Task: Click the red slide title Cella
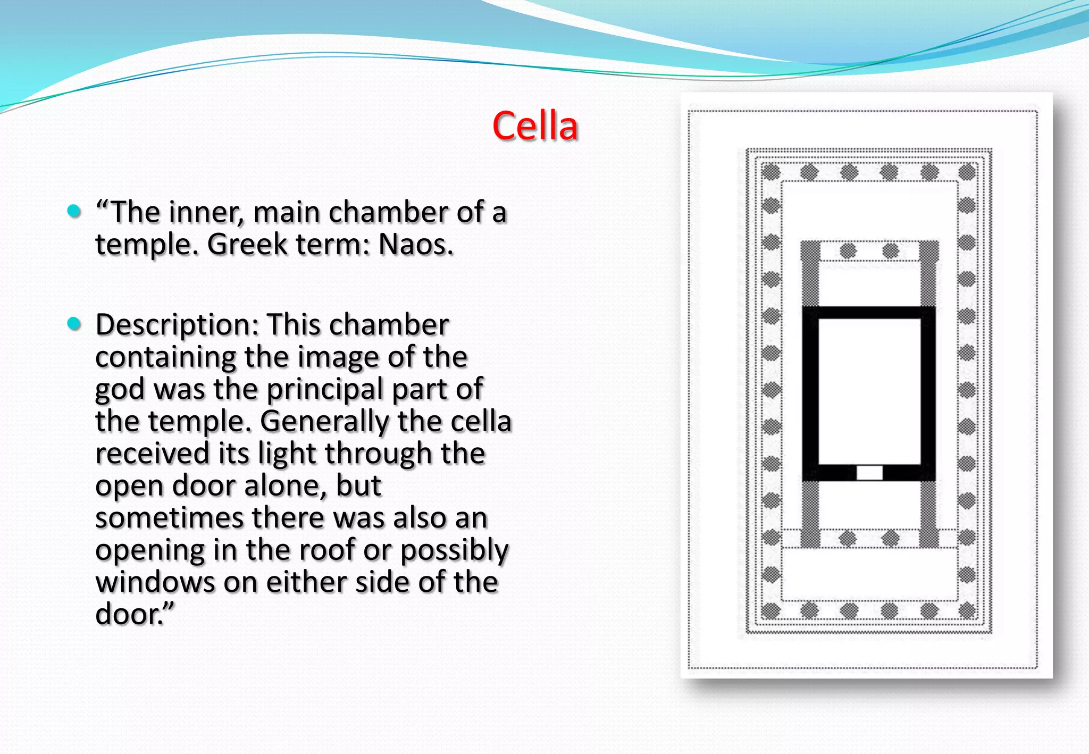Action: pyautogui.click(x=535, y=127)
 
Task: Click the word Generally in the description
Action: pyautogui.click(x=324, y=422)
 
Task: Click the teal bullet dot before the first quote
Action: pyautogui.click(x=74, y=211)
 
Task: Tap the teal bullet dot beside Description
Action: pyautogui.click(x=74, y=323)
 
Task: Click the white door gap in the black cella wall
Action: pyautogui.click(x=869, y=472)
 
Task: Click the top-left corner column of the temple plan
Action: pyautogui.click(x=770, y=172)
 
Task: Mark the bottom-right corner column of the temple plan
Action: pyautogui.click(x=967, y=610)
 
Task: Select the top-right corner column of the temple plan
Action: pyautogui.click(x=967, y=172)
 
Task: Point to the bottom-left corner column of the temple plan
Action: pyautogui.click(x=770, y=610)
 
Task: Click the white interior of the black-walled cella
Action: pyautogui.click(x=869, y=391)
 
